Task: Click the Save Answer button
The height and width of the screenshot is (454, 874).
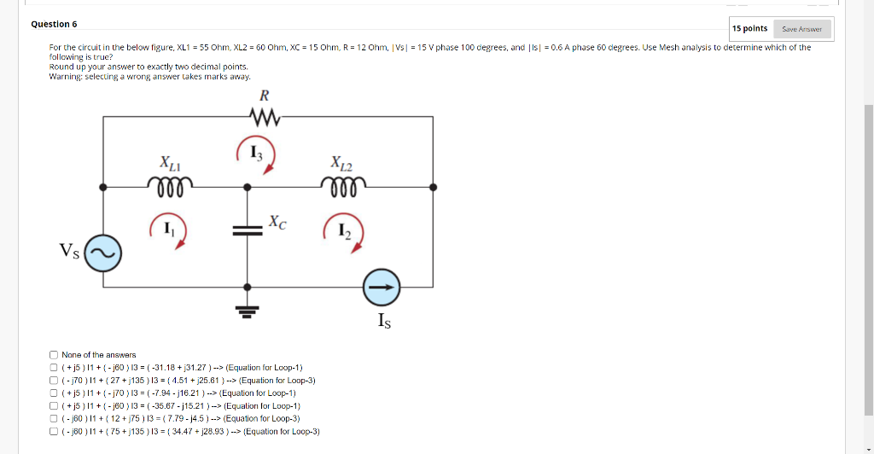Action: click(801, 29)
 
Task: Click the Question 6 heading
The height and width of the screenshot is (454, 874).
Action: click(54, 24)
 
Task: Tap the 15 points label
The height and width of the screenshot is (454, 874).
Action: click(750, 29)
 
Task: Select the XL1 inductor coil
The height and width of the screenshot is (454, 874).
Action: click(170, 182)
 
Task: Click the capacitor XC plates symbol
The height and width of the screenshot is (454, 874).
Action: click(248, 230)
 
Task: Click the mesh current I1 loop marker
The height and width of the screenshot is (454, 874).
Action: click(169, 230)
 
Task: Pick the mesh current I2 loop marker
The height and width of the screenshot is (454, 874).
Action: click(345, 231)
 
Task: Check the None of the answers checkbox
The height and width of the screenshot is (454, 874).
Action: click(54, 355)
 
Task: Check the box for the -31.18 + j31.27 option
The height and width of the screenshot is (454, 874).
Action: click(54, 368)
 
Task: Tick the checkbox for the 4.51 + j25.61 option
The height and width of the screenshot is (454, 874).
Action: click(54, 381)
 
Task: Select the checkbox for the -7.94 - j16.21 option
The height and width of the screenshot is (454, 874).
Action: click(54, 393)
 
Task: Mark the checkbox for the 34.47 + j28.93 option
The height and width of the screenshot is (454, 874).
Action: click(54, 432)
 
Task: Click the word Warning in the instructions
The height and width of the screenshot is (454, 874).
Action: click(63, 77)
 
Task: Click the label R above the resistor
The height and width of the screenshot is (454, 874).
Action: click(265, 95)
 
